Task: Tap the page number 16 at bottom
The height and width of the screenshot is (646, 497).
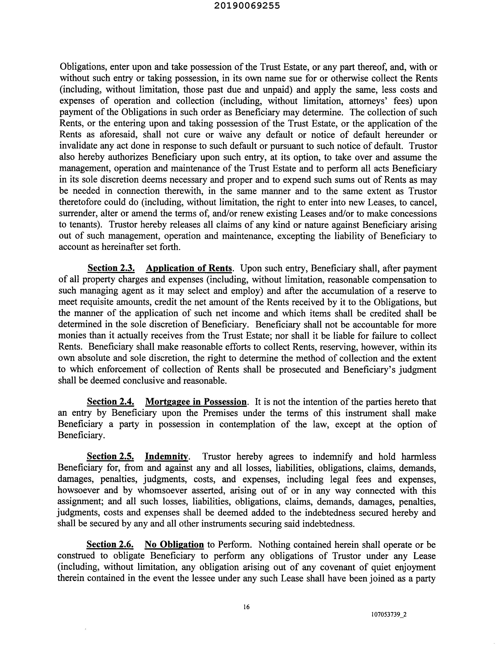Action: point(246,607)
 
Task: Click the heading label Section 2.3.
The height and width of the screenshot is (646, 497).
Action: point(111,268)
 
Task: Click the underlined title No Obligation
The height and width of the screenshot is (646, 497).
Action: point(174,544)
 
